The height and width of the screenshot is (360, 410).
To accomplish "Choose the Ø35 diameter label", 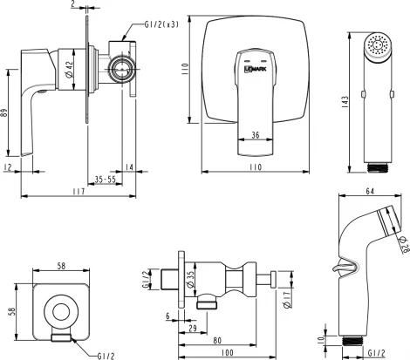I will pos(189,279).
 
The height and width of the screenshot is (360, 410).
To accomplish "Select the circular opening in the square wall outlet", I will pos(58,309).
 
